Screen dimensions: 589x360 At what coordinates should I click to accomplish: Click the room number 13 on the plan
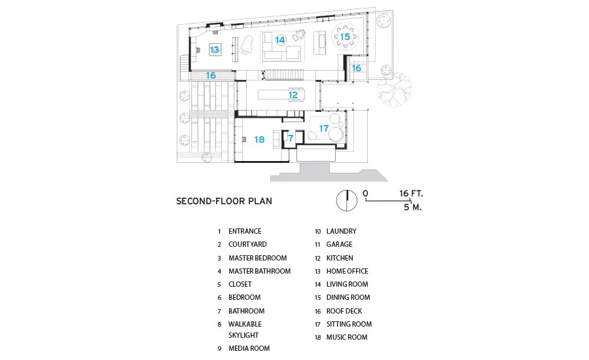point(214,50)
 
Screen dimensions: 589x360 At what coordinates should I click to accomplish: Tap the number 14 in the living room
point(280,40)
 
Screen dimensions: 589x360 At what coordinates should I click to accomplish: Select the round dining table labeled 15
point(345,37)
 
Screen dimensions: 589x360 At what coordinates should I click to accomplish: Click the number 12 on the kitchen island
point(293,95)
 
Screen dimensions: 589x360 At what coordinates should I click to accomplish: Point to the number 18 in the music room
point(259,139)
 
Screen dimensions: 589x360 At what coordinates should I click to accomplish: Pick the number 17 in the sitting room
point(324,128)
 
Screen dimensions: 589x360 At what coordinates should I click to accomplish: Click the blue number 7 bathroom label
point(291,138)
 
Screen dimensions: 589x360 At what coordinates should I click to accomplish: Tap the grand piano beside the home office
point(247,45)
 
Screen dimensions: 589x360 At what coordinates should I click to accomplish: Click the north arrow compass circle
point(347,200)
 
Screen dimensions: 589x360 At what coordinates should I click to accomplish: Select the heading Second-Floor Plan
point(224,201)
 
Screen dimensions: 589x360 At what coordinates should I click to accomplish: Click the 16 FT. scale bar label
point(411,194)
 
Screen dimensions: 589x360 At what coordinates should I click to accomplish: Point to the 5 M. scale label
point(413,207)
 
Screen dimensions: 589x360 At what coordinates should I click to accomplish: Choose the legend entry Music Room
point(347,338)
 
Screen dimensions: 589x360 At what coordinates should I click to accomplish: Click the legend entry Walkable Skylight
point(245,329)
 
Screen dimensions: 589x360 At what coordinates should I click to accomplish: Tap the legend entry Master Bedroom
point(257,258)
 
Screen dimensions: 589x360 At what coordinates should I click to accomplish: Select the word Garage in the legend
point(339,244)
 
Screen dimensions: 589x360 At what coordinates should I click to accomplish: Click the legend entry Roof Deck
point(344,311)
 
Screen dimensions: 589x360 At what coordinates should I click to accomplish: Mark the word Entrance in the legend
point(245,231)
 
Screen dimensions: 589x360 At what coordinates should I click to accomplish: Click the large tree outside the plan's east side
point(395,90)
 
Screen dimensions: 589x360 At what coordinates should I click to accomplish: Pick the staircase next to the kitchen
point(285,75)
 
